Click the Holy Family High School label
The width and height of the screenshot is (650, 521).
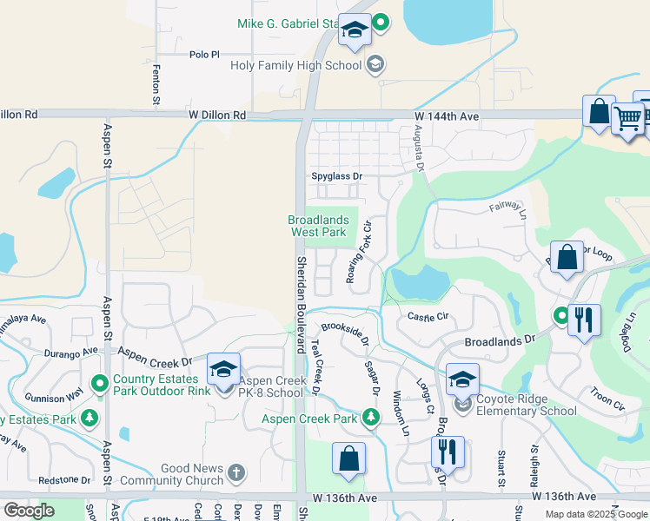click(x=295, y=65)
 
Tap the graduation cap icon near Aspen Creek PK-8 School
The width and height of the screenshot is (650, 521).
click(x=223, y=369)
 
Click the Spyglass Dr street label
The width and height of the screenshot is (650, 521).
click(x=336, y=176)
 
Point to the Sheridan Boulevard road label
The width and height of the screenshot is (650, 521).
click(x=302, y=304)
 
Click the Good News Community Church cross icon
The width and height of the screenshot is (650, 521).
click(x=235, y=473)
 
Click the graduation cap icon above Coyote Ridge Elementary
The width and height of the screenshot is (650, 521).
click(x=462, y=379)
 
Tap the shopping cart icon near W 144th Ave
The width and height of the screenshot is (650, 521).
click(x=627, y=117)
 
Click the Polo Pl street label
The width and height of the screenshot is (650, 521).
click(x=206, y=54)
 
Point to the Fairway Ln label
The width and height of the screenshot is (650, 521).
click(x=508, y=208)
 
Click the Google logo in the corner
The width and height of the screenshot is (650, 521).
click(x=29, y=511)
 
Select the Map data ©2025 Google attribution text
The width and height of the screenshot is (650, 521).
click(x=596, y=514)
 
